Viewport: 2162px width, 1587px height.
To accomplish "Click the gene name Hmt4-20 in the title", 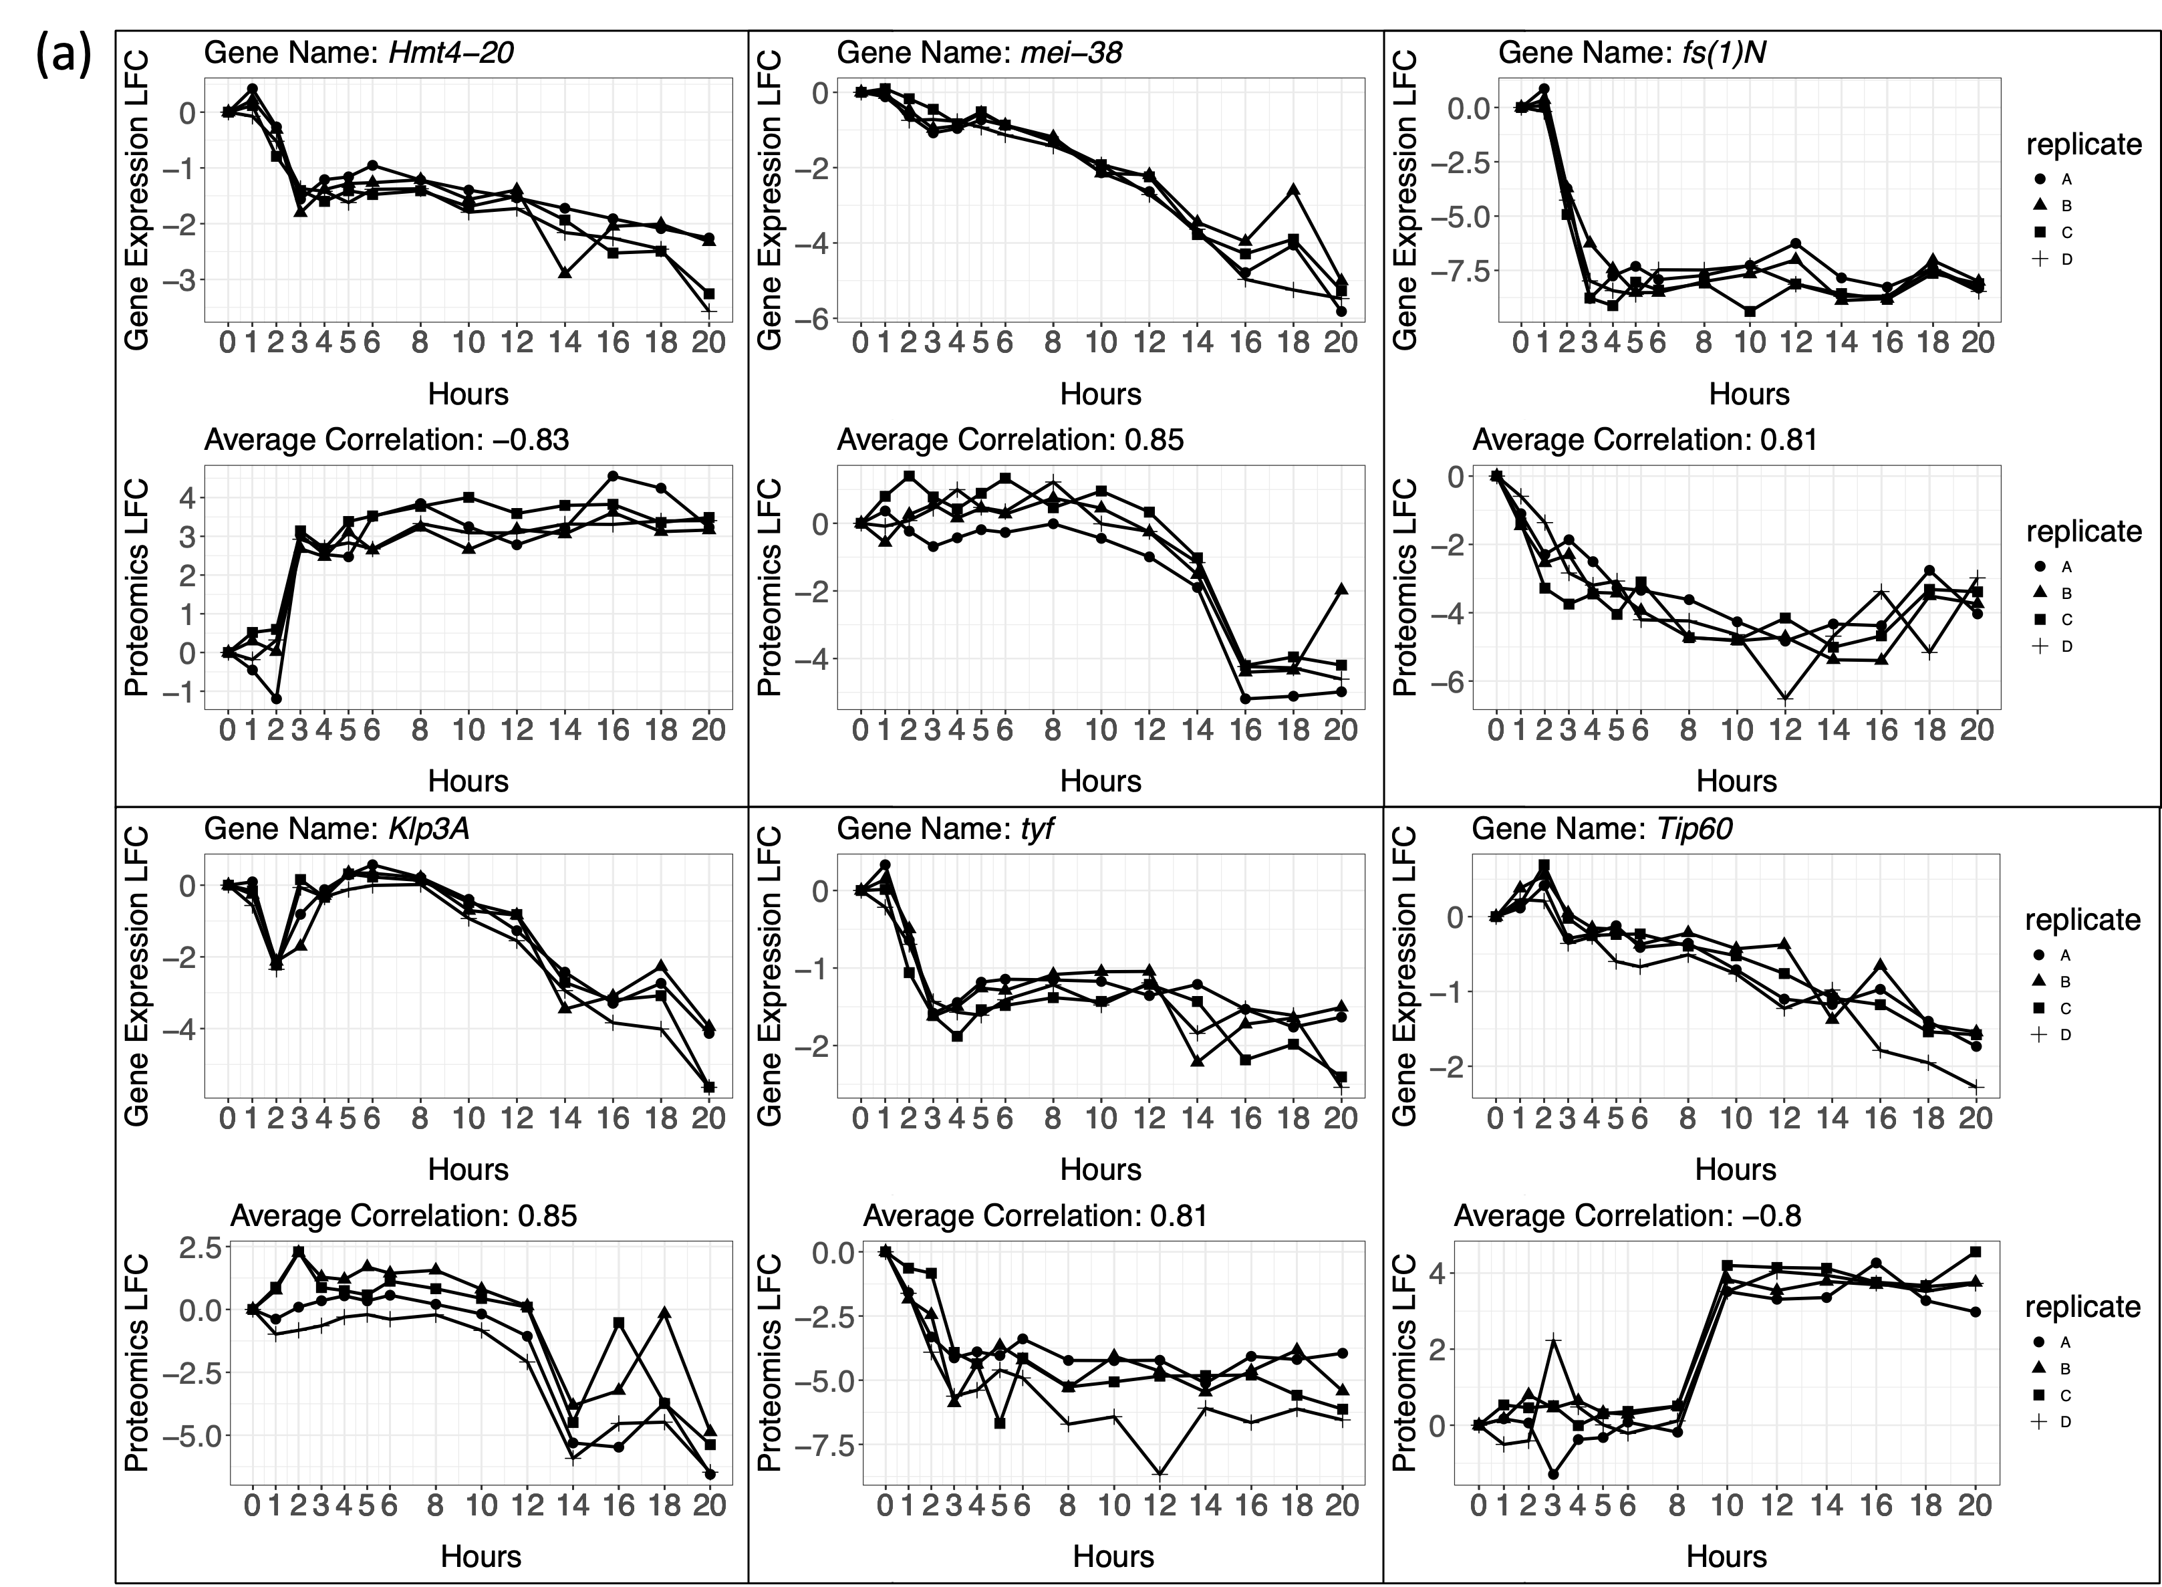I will (x=450, y=52).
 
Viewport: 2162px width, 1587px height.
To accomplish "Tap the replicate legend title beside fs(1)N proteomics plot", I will (x=2083, y=531).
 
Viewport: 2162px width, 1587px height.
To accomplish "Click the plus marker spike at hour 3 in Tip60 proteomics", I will (x=1553, y=1339).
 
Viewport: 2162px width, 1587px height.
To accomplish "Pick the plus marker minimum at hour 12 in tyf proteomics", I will (x=1160, y=1473).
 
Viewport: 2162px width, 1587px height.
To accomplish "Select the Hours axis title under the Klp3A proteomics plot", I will (x=481, y=1556).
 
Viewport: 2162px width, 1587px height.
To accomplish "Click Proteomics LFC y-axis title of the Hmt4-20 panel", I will (x=138, y=588).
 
